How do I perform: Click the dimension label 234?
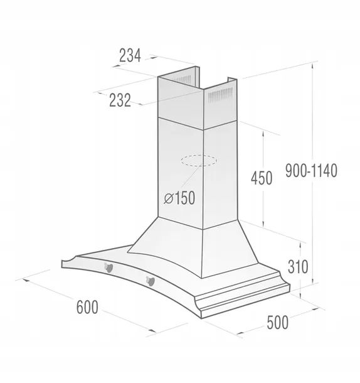click(130, 55)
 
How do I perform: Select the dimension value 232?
click(119, 99)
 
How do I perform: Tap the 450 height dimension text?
click(261, 178)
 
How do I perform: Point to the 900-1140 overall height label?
click(311, 170)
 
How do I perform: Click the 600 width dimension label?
click(87, 307)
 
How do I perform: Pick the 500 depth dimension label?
click(277, 323)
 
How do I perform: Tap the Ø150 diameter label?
click(179, 198)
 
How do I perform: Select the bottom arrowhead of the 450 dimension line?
click(263, 224)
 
